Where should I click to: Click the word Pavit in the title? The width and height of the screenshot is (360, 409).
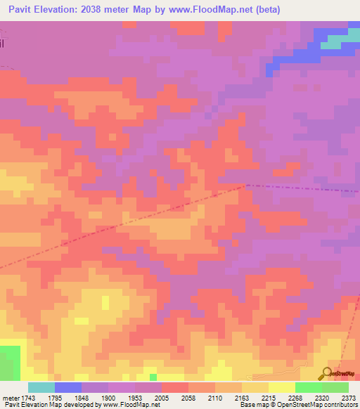(x=24, y=9)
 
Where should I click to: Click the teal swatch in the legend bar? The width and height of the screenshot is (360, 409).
(x=41, y=387)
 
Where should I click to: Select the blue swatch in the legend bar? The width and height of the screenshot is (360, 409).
(x=68, y=387)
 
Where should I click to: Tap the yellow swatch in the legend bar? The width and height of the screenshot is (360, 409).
(x=282, y=387)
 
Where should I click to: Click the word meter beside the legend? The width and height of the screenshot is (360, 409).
(x=10, y=397)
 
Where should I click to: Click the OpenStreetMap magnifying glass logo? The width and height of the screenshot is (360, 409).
(x=327, y=373)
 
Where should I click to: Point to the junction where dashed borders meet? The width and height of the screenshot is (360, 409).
(x=246, y=186)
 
